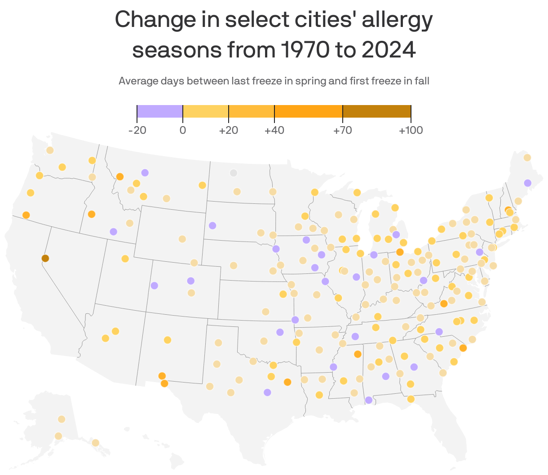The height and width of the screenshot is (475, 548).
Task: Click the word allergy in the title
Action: pos(397,20)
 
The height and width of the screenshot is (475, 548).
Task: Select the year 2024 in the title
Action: pos(389,50)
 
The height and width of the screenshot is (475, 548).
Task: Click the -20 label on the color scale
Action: pos(137,131)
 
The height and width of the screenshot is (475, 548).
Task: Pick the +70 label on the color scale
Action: pos(342,131)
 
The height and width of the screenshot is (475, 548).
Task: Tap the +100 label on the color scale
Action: pos(411,131)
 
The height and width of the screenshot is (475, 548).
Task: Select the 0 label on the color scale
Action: pos(183,131)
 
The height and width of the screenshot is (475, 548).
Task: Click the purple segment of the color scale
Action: pos(160,111)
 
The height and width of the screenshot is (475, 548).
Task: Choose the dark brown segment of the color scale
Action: pos(376,111)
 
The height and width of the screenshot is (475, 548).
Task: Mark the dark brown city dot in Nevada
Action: pos(45,258)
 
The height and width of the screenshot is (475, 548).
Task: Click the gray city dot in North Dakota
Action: pos(233,173)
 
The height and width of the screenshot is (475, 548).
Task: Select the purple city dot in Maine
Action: pos(527,183)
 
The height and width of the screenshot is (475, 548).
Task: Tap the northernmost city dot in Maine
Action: pos(527,158)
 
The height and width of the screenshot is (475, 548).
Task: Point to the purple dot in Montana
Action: pos(145,173)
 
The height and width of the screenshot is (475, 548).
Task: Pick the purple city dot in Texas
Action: pos(267,392)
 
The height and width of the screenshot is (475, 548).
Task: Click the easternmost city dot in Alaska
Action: pos(95,443)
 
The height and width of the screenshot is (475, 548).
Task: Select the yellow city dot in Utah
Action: pos(125,259)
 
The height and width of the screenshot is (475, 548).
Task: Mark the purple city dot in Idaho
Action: pos(113,232)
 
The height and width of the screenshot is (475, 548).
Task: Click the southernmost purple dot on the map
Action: pos(368,400)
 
